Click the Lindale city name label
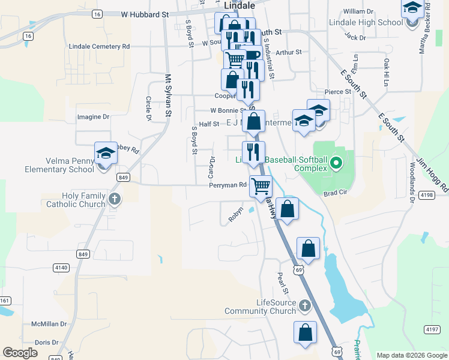(x=239, y=5)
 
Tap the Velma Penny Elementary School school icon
(x=106, y=154)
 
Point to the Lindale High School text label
(x=366, y=23)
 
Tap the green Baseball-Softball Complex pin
(x=336, y=163)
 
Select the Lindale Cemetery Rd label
(x=100, y=46)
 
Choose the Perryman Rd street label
(x=228, y=185)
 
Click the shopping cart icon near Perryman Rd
(x=261, y=186)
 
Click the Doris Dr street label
(x=46, y=342)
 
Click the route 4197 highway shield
(x=432, y=329)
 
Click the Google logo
(x=20, y=352)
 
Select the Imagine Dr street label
(x=94, y=117)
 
